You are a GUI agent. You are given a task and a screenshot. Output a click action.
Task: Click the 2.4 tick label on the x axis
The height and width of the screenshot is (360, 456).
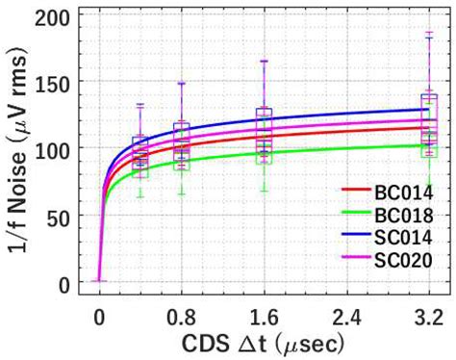click(346, 314)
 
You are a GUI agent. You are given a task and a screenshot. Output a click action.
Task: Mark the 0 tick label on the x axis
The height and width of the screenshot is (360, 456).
click(99, 314)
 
